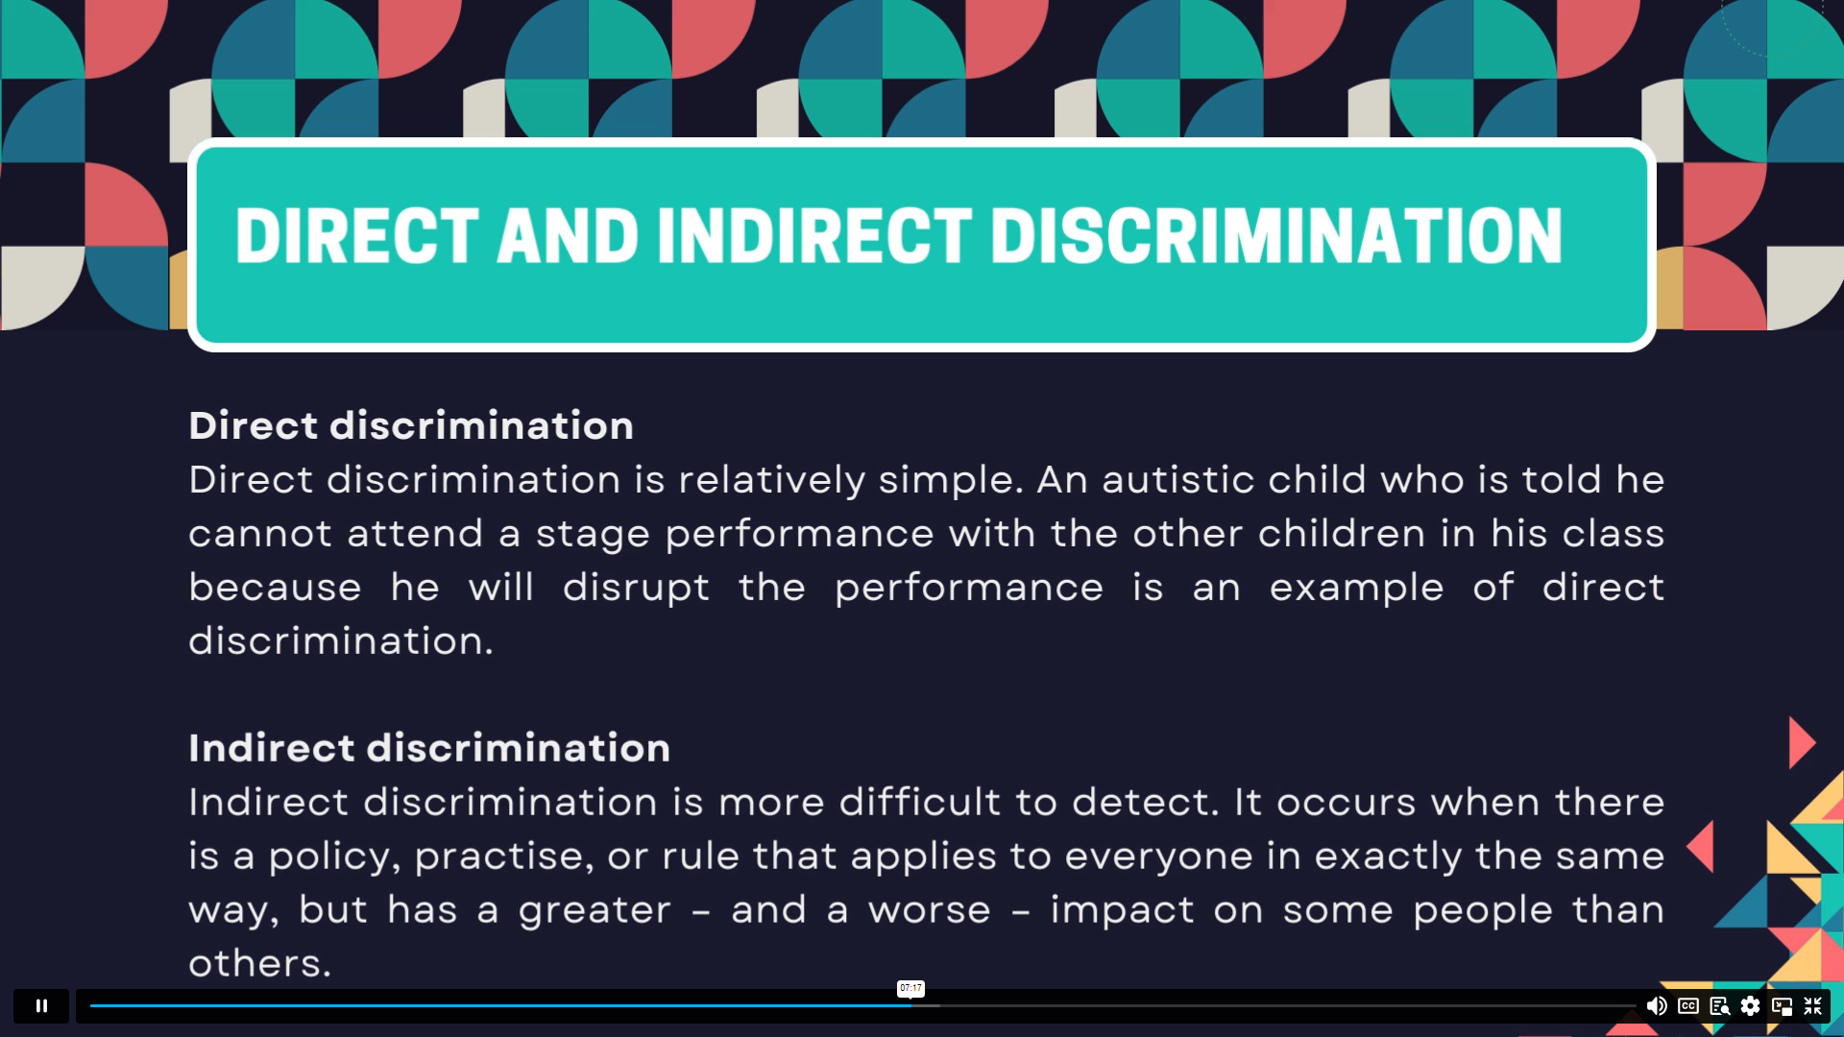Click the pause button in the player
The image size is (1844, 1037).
tap(41, 1005)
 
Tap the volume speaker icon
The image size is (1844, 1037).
tap(1657, 1005)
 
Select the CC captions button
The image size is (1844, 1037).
tap(1688, 1005)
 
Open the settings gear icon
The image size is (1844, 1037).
tap(1751, 1005)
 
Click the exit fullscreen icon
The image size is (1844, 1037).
tap(1813, 1005)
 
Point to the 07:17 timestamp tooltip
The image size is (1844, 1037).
tap(910, 988)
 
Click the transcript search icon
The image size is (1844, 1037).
tap(1720, 1005)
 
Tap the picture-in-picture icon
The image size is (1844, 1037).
tap(1783, 1005)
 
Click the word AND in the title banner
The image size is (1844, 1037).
tap(568, 236)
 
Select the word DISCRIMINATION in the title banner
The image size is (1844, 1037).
tap(1276, 236)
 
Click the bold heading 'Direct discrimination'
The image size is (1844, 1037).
tap(411, 425)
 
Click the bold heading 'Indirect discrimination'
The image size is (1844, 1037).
tap(429, 748)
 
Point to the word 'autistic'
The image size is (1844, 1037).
tap(1178, 479)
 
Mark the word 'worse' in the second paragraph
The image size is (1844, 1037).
tap(929, 910)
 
